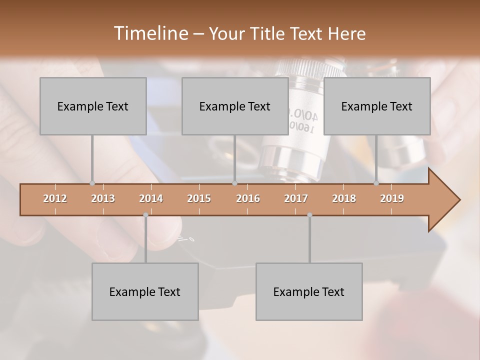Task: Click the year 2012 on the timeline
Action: click(55, 198)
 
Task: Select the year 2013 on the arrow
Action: click(103, 198)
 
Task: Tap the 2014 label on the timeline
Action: click(151, 198)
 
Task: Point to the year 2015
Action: click(199, 198)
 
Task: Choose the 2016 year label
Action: click(248, 198)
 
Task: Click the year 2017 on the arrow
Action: click(296, 198)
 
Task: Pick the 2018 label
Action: click(344, 198)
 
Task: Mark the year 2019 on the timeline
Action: click(392, 198)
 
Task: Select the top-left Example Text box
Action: click(93, 106)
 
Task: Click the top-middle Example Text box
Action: click(235, 106)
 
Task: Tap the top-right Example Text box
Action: click(377, 106)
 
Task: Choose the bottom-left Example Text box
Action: click(145, 291)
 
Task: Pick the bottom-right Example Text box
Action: click(309, 291)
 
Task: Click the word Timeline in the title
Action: click(150, 33)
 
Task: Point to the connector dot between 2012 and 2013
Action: click(92, 183)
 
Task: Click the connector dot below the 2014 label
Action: click(145, 215)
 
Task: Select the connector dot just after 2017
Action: click(309, 215)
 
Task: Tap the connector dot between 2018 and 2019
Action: click(376, 183)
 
